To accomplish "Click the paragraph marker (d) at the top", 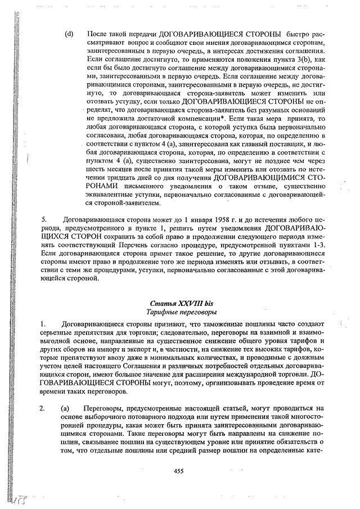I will click(x=69, y=34).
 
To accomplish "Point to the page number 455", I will click(x=178, y=471).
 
